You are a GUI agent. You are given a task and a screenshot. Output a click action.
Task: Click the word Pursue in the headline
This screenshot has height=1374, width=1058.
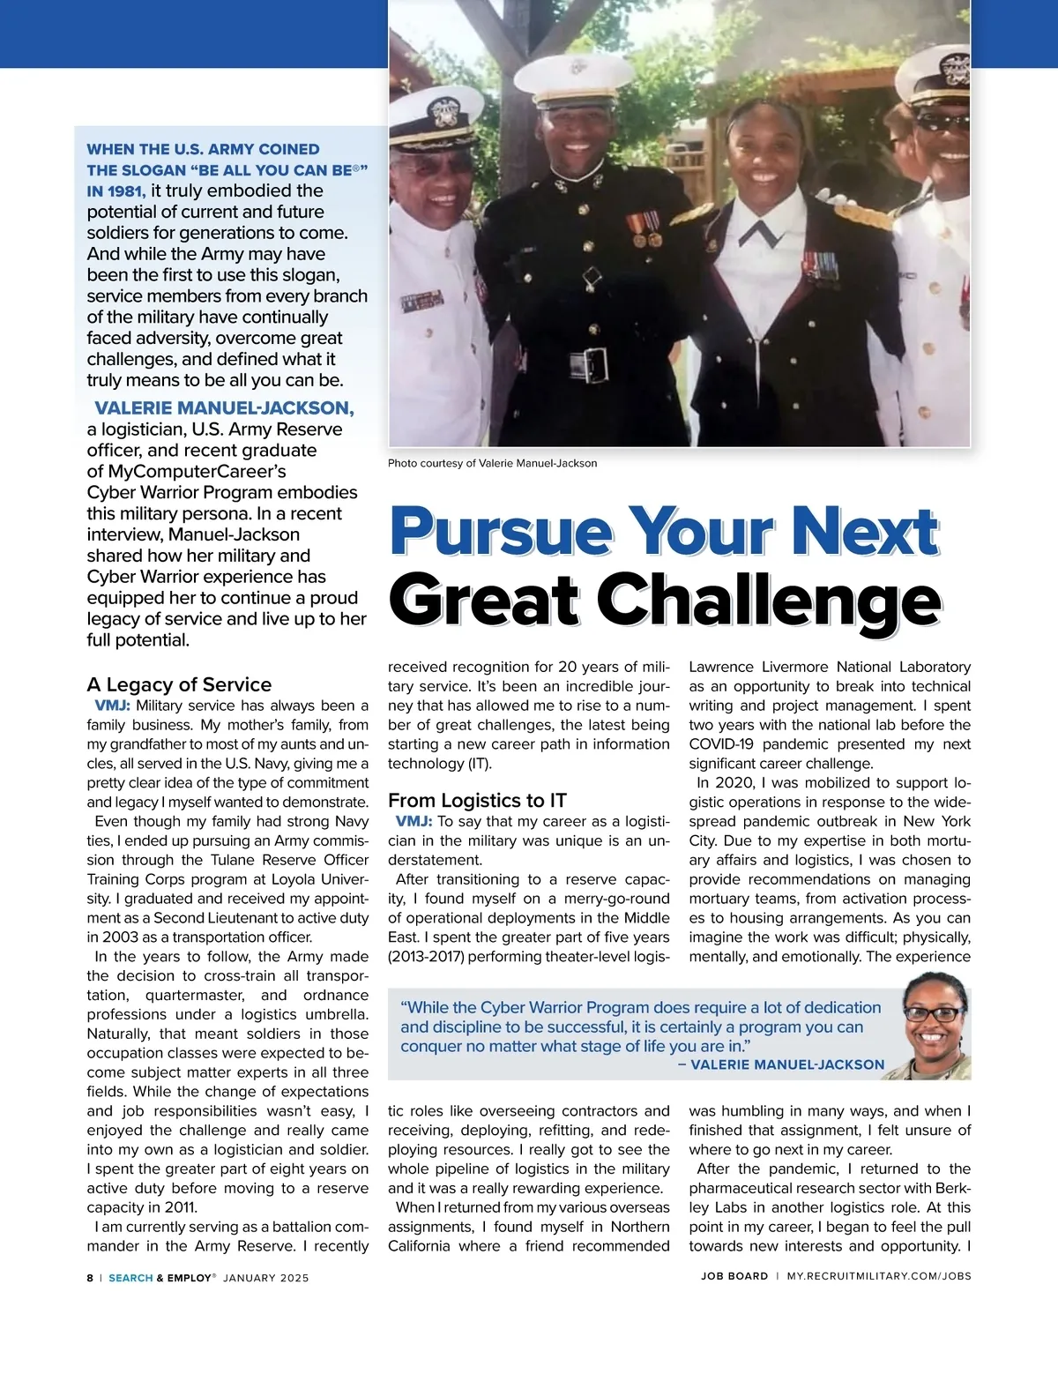click(x=501, y=532)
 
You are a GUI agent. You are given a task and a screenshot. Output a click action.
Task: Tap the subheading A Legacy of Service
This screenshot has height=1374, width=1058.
click(x=179, y=684)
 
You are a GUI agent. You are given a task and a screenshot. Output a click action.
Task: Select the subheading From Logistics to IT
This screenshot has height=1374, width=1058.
click(x=477, y=800)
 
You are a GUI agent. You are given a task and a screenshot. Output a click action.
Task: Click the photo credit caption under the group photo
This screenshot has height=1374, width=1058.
click(x=492, y=463)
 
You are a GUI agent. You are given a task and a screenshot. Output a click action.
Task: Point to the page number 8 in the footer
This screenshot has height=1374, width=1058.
click(x=90, y=1277)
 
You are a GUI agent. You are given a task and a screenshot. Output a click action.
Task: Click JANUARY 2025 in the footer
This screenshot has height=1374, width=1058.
click(x=266, y=1277)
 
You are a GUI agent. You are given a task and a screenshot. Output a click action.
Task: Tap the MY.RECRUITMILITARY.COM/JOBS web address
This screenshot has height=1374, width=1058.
click(x=878, y=1276)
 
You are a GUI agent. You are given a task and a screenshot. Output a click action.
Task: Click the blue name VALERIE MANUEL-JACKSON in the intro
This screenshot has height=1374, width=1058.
click(x=224, y=407)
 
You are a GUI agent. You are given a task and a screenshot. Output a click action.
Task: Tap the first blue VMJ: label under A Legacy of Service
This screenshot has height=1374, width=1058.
click(x=112, y=706)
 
